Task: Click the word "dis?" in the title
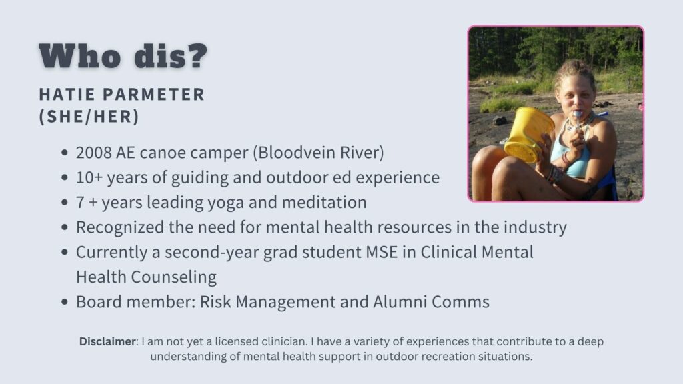[171, 55]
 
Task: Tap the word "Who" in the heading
[80, 56]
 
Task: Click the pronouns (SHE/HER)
[89, 116]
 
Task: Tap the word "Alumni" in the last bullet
[400, 302]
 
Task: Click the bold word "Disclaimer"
[107, 341]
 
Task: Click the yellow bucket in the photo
[529, 135]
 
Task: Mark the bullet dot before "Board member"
[65, 302]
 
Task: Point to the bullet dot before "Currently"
[65, 252]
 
